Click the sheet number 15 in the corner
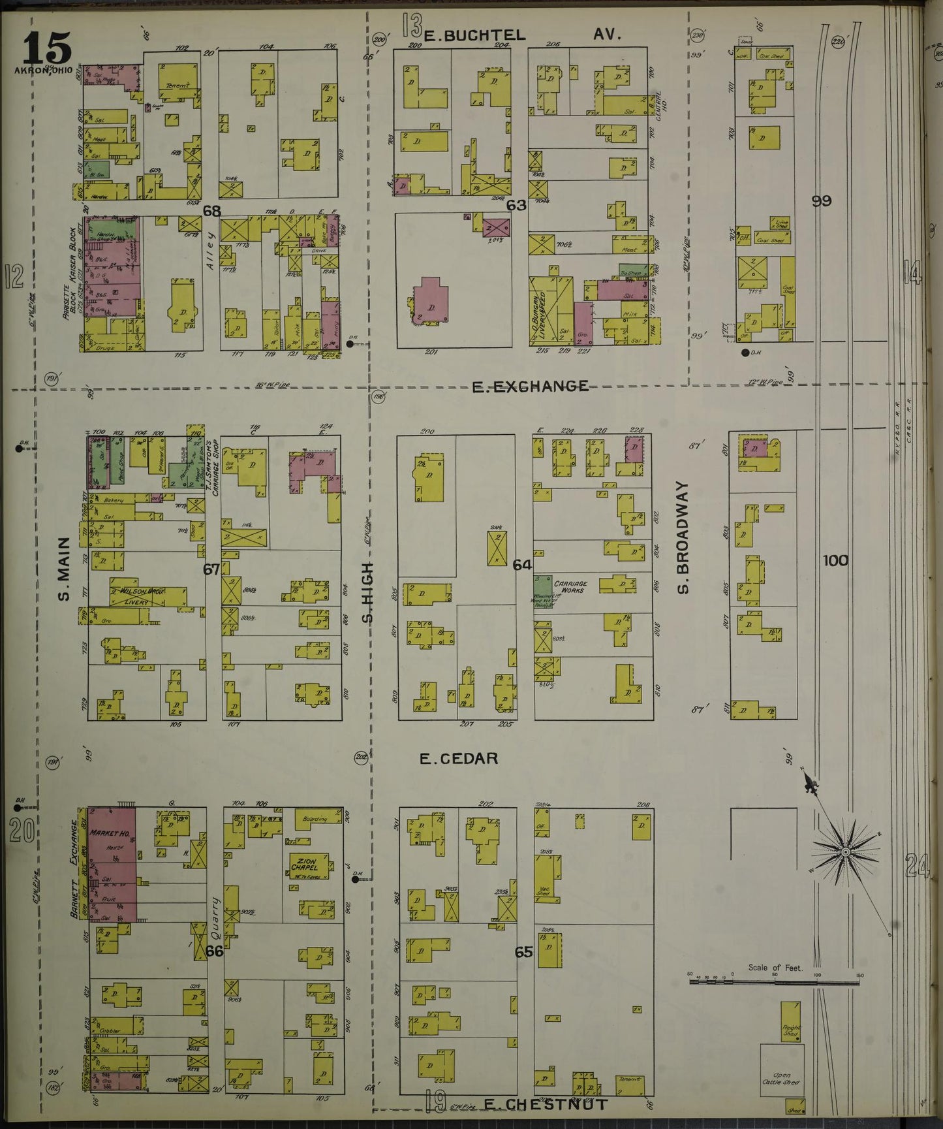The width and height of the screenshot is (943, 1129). [47, 47]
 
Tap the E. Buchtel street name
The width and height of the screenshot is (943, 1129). [474, 35]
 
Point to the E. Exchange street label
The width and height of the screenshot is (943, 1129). [530, 387]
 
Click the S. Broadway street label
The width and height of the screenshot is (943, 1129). [683, 538]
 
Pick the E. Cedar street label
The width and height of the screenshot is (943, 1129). [458, 758]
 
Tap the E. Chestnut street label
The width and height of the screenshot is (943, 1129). [546, 1104]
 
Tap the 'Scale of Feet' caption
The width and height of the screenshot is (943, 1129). [775, 968]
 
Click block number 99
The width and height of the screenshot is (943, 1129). [821, 201]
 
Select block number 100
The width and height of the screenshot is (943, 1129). [835, 560]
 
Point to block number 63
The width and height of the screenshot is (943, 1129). [516, 205]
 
